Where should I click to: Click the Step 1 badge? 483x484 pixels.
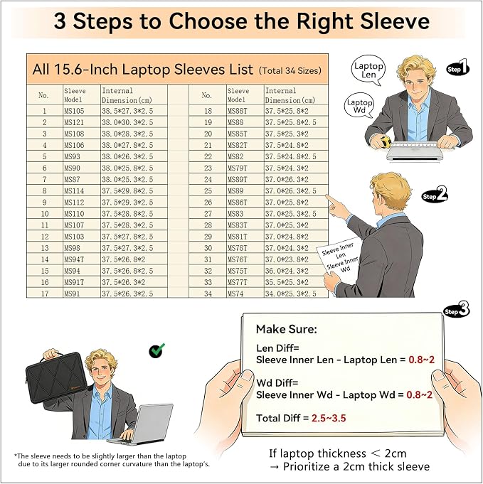[x=457, y=68]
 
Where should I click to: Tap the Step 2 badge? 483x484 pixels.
[x=435, y=195]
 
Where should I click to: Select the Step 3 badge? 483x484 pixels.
[x=457, y=310]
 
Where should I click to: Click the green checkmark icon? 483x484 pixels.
[x=156, y=350]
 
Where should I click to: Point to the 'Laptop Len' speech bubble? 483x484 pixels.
[x=368, y=70]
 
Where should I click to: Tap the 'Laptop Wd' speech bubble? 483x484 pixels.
[x=359, y=106]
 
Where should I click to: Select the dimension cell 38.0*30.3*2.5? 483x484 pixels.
[x=134, y=122]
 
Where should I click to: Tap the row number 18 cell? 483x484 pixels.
[x=208, y=111]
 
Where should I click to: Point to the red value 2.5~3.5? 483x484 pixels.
[x=329, y=418]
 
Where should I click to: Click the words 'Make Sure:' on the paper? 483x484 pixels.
[x=287, y=329]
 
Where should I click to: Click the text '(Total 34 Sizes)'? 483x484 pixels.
[x=290, y=70]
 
